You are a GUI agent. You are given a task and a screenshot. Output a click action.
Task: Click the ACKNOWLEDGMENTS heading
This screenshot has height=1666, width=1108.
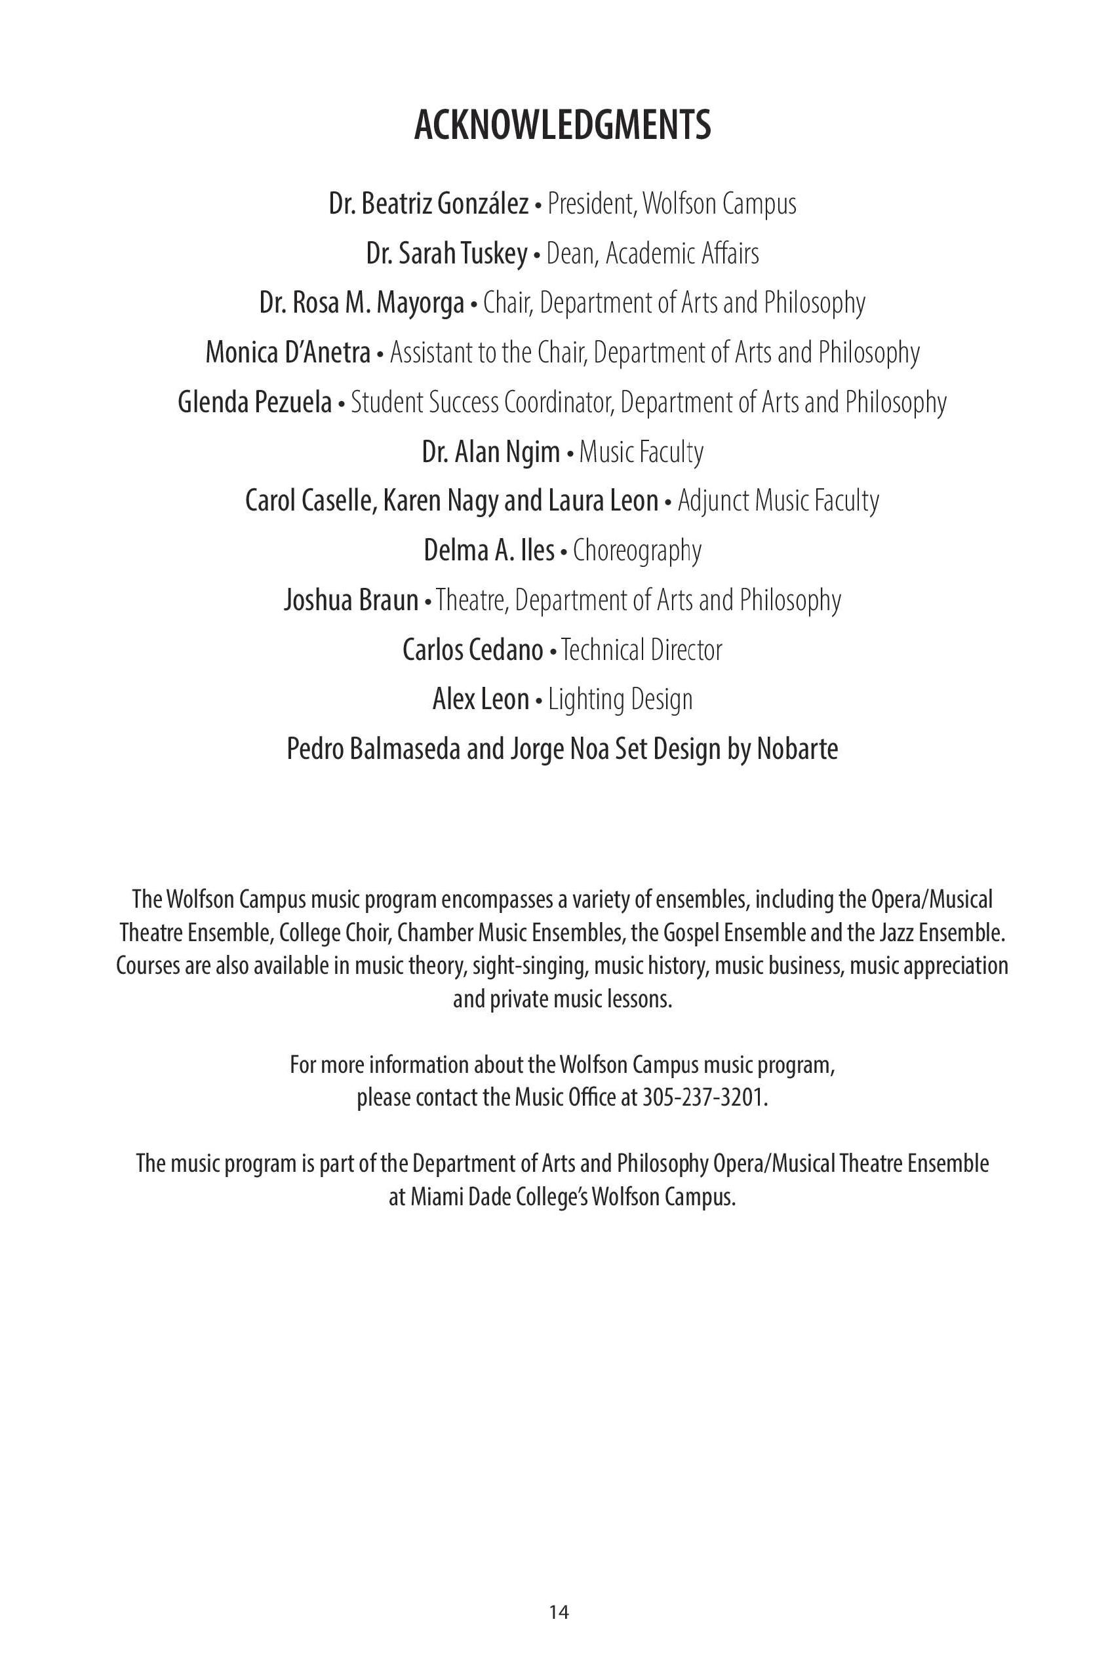click(562, 126)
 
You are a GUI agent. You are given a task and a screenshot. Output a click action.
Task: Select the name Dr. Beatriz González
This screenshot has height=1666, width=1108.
click(428, 204)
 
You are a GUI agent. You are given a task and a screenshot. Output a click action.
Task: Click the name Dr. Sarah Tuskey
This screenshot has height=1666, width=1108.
click(446, 254)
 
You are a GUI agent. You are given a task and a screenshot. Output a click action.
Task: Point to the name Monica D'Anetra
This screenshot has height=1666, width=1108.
click(288, 353)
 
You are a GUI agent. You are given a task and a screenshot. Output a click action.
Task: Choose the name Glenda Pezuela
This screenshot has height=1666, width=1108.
click(254, 402)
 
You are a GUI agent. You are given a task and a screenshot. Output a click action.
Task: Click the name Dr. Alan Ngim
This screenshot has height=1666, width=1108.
click(490, 452)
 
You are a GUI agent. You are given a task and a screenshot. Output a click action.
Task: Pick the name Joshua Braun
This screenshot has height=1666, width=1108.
click(351, 600)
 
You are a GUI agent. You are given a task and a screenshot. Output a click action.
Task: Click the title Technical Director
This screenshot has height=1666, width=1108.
click(642, 649)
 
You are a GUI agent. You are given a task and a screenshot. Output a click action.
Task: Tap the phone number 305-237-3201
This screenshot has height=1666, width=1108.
click(703, 1098)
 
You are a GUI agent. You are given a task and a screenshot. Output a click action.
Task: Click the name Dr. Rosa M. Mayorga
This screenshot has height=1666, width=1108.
click(362, 303)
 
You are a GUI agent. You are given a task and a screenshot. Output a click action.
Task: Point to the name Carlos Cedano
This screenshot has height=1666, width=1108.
click(473, 649)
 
